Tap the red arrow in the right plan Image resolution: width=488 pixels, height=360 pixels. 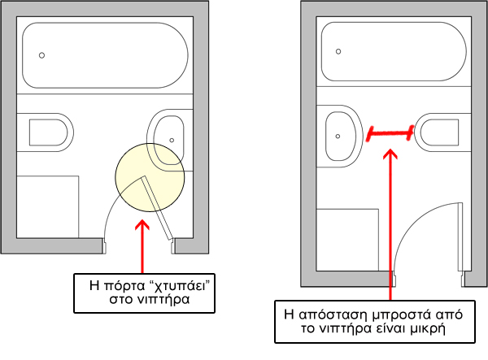pyautogui.click(x=391, y=219)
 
